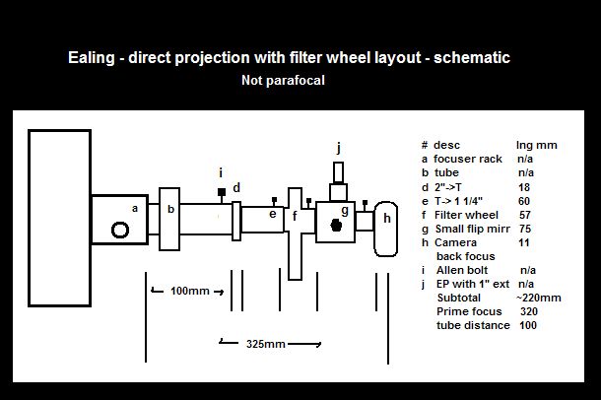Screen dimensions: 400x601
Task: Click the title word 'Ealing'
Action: click(x=93, y=58)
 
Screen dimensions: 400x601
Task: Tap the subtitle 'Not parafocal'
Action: click(x=283, y=81)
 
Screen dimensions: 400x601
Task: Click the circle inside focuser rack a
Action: click(x=120, y=230)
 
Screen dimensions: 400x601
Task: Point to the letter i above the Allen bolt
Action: click(x=221, y=171)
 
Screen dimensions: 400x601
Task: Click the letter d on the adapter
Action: click(x=236, y=187)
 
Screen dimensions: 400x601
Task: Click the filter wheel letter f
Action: click(x=295, y=216)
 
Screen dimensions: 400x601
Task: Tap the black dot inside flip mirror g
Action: click(x=336, y=224)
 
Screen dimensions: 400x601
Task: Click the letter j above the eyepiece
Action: click(x=338, y=147)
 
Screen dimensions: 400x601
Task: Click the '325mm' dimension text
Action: click(x=266, y=344)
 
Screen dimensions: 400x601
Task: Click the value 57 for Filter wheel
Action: click(x=525, y=214)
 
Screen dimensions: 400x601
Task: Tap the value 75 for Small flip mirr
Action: click(x=525, y=228)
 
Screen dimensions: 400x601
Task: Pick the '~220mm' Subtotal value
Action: click(x=538, y=298)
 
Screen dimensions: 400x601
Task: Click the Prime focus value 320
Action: click(x=530, y=311)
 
